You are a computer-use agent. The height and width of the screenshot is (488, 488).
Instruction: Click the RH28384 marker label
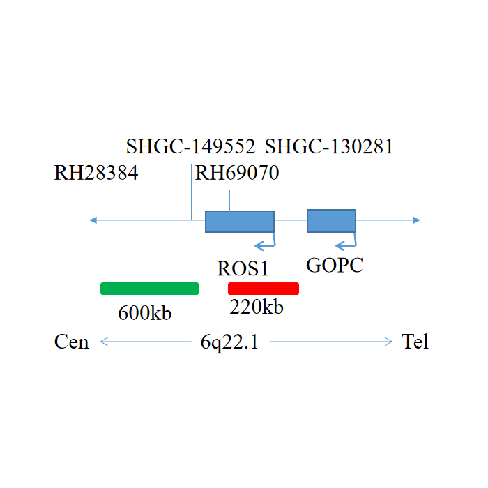[96, 173]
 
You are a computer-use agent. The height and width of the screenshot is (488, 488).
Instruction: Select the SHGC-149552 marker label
[190, 146]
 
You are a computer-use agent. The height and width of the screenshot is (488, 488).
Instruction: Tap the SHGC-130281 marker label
[330, 146]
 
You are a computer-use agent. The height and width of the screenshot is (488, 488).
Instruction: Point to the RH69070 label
[237, 173]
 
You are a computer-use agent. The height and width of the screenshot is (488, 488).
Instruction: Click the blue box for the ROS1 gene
[239, 221]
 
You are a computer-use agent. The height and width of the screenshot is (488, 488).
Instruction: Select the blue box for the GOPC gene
[332, 220]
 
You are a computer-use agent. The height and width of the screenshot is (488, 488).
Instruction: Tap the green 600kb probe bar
[150, 289]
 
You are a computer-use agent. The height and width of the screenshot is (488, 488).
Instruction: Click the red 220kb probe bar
[264, 289]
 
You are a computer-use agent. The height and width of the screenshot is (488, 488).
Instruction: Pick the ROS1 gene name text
[243, 268]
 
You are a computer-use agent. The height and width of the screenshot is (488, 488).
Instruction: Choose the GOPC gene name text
[335, 265]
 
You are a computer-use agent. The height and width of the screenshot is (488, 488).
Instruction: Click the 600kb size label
[144, 313]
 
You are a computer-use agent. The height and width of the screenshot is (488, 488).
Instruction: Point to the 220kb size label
[257, 307]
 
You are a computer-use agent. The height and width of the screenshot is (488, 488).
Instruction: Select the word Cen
[72, 342]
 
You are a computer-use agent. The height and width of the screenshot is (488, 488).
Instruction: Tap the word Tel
[415, 342]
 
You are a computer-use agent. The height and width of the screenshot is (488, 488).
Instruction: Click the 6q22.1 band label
[229, 342]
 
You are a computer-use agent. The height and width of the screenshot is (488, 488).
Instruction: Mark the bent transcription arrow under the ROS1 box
[266, 242]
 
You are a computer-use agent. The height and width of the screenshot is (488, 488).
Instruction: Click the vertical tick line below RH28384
[102, 206]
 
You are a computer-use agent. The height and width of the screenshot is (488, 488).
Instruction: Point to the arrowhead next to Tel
[389, 342]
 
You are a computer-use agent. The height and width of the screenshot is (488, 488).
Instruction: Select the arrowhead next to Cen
[103, 342]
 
